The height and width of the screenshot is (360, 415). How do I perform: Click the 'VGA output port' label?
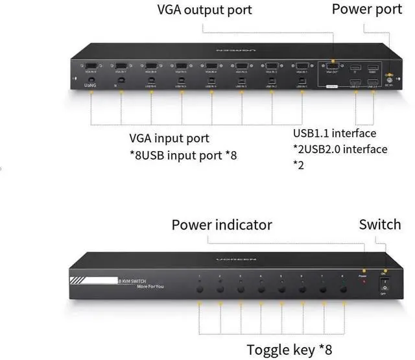click(x=204, y=10)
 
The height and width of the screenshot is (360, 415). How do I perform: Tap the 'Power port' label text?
click(x=366, y=9)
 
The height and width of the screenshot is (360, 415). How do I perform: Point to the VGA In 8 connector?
click(x=91, y=66)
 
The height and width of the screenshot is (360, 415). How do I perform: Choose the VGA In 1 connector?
click(x=302, y=66)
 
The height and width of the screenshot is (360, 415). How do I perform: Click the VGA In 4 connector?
click(x=211, y=66)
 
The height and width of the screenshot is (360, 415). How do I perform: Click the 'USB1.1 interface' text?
click(x=335, y=134)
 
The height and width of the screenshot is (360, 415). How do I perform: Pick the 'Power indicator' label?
click(x=222, y=225)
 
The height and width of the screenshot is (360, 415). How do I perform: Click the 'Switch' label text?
click(x=380, y=224)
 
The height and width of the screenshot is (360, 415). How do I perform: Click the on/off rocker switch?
click(x=385, y=285)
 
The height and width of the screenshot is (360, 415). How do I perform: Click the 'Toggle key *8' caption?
click(x=289, y=350)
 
